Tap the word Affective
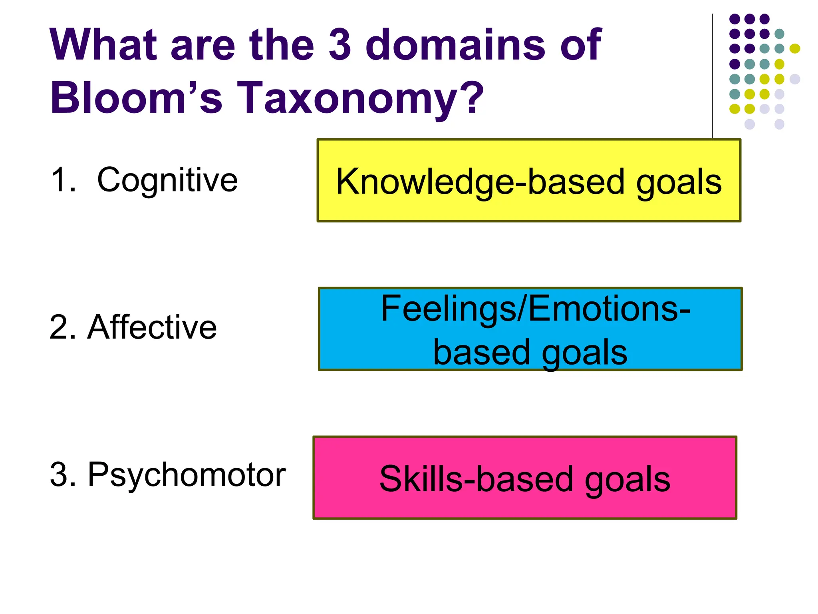(152, 327)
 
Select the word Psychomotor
(187, 475)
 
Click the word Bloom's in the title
(136, 98)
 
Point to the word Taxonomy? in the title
(359, 98)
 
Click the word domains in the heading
(456, 44)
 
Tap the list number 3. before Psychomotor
(63, 475)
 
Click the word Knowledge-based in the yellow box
(480, 182)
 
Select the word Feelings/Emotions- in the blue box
(535, 309)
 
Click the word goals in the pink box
(627, 480)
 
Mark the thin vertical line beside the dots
(712, 76)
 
